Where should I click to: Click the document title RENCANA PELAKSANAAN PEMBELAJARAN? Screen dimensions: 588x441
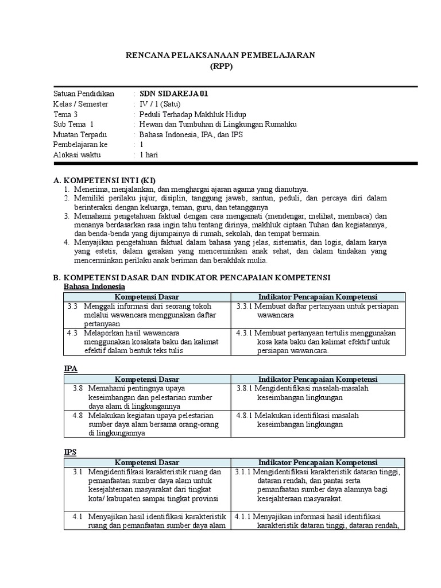pyautogui.click(x=220, y=55)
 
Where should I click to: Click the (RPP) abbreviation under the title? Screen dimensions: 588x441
pyautogui.click(x=220, y=66)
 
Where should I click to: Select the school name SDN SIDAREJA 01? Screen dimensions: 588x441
pyautogui.click(x=171, y=94)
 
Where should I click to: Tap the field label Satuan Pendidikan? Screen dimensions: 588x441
pyautogui.click(x=84, y=94)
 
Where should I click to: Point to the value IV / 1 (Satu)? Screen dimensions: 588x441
pyautogui.click(x=158, y=104)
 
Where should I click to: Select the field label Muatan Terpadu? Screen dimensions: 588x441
pyautogui.click(x=80, y=135)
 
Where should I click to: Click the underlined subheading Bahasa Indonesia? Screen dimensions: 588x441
pyautogui.click(x=94, y=287)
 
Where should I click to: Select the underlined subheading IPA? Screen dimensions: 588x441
pyautogui.click(x=70, y=369)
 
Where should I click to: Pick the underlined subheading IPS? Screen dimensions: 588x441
pyautogui.click(x=70, y=452)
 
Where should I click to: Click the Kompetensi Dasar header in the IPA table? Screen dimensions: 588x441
pyautogui.click(x=147, y=380)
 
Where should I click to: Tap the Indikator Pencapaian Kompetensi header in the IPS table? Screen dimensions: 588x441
pyautogui.click(x=318, y=462)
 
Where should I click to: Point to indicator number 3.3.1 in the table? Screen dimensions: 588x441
pyautogui.click(x=245, y=307)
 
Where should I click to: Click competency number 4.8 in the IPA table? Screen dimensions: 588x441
pyautogui.click(x=79, y=415)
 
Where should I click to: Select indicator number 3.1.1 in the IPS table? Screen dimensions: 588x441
pyautogui.click(x=244, y=472)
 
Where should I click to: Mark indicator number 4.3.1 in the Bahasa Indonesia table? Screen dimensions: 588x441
pyautogui.click(x=245, y=333)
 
